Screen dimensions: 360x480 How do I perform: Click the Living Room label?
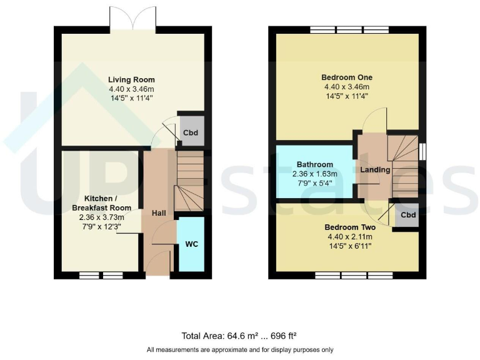[131, 80]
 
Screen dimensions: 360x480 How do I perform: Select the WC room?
[191, 244]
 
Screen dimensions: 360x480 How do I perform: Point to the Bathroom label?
[316, 164]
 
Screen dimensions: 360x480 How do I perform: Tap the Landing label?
[375, 170]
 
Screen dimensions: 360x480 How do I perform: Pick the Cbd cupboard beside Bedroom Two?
[408, 216]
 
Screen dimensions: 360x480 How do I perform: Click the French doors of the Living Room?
[132, 19]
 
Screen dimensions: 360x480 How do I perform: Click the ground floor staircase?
[189, 181]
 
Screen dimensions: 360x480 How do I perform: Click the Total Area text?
[239, 334]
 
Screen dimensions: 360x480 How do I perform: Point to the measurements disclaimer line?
[239, 349]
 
